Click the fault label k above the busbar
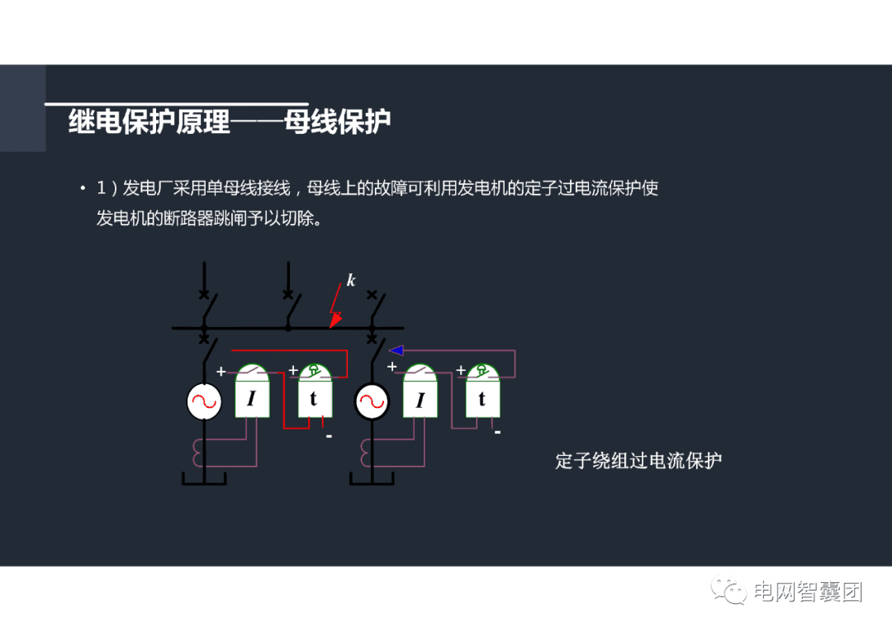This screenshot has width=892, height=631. (x=351, y=281)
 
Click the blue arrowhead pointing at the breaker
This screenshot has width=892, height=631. (x=396, y=350)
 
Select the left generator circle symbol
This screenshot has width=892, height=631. (x=203, y=402)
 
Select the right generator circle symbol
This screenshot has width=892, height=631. (x=372, y=402)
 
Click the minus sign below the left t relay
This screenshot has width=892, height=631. (x=328, y=435)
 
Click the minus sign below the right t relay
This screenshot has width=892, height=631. (x=497, y=432)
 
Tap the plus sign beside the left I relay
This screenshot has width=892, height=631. (x=221, y=372)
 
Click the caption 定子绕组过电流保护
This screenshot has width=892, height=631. (x=638, y=461)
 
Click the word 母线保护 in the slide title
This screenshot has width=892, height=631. (x=337, y=122)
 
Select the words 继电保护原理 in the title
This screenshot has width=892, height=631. (x=149, y=122)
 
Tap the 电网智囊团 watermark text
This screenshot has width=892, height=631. (x=809, y=591)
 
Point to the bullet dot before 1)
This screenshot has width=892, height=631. (x=83, y=189)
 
